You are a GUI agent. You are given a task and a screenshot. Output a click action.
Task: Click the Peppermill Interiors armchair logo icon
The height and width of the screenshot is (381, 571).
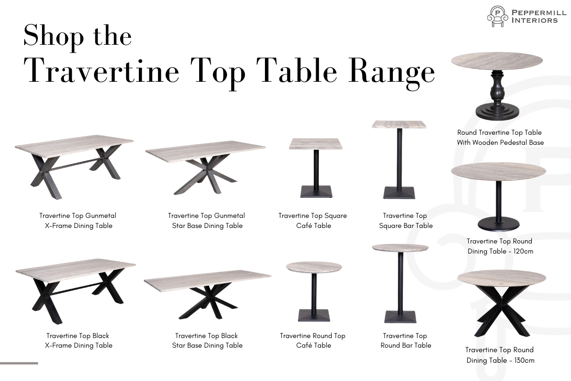point(497,16)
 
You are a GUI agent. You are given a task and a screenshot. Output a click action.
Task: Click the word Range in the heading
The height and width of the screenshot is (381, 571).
point(391,73)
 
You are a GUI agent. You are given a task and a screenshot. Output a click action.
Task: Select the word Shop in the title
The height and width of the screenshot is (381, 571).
point(53,37)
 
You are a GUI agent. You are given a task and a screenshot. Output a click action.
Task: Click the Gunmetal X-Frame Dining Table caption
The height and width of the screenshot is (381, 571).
point(78,221)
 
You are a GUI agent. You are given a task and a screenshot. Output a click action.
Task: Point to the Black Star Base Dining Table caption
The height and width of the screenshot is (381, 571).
point(207,340)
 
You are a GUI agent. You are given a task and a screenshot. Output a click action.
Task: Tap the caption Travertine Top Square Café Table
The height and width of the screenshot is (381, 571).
point(313,221)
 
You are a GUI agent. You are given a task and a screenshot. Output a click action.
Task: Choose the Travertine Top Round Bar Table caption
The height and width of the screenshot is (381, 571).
point(406,340)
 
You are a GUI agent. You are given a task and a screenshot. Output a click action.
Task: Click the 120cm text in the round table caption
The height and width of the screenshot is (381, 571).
point(523,251)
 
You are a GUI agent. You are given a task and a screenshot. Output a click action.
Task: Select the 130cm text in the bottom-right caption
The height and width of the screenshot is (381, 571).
point(524,360)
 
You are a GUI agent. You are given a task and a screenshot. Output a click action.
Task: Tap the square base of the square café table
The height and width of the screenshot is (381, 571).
point(316,192)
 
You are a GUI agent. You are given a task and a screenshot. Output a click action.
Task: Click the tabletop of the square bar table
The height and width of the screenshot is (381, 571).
point(399,125)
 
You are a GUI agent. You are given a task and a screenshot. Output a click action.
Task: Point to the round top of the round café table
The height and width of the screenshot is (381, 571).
point(314,267)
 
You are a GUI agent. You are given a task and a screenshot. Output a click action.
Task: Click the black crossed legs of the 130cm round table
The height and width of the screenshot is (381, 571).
point(502,310)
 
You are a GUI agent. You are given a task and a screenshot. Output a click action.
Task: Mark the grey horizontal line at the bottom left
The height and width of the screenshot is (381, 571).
point(19,363)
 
